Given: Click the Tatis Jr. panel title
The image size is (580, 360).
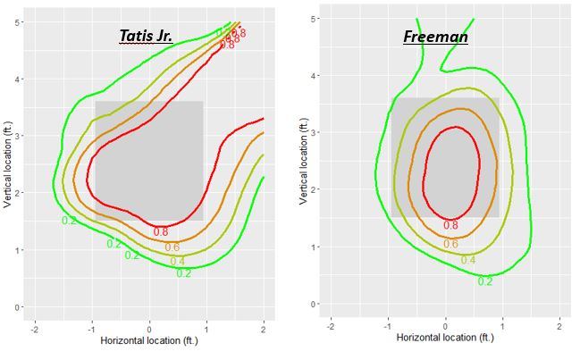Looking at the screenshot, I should click(146, 37).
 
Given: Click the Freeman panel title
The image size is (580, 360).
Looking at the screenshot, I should click(435, 37).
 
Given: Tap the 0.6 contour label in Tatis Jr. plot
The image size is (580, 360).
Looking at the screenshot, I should click(172, 247).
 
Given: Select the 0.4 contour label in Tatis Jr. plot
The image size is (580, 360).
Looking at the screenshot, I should click(178, 261).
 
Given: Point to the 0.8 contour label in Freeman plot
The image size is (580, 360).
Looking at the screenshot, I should click(450, 226).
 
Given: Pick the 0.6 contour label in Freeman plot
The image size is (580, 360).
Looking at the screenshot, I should click(451, 244).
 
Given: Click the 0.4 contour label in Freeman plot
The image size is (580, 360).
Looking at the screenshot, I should click(468, 261).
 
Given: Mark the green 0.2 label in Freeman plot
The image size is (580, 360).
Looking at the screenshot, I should click(485, 281).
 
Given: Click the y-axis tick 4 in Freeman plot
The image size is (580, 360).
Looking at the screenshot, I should click(313, 75).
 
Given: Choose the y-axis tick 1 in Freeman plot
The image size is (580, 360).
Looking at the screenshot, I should click(313, 247).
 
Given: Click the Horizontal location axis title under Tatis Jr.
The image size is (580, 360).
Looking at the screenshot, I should click(149, 340).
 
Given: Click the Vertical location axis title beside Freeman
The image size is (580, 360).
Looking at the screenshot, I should click(303, 158).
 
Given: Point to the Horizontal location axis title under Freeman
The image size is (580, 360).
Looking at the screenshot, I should click(445, 338).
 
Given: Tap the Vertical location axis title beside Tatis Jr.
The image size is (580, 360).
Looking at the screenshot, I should click(7, 162).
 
